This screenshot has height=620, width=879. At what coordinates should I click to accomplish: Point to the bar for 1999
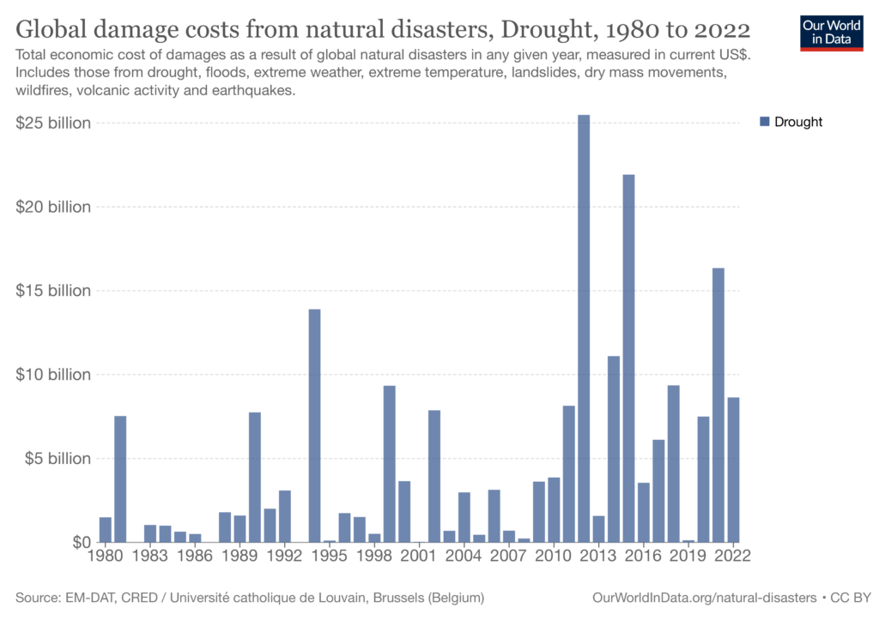pos(389,464)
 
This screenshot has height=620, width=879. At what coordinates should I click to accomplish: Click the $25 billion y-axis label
pos(53,123)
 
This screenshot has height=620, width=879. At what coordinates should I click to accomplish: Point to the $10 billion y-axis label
pos(53,375)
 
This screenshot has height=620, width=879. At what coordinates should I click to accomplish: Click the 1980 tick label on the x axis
pos(106,555)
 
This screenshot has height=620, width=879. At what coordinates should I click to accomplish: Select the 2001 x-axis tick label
pos(419,555)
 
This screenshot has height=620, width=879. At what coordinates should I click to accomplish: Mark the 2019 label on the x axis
pos(688,555)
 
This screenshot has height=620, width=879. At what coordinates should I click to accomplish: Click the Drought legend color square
pos(765,122)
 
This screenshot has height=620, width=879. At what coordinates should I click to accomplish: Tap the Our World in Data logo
pos(831,32)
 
